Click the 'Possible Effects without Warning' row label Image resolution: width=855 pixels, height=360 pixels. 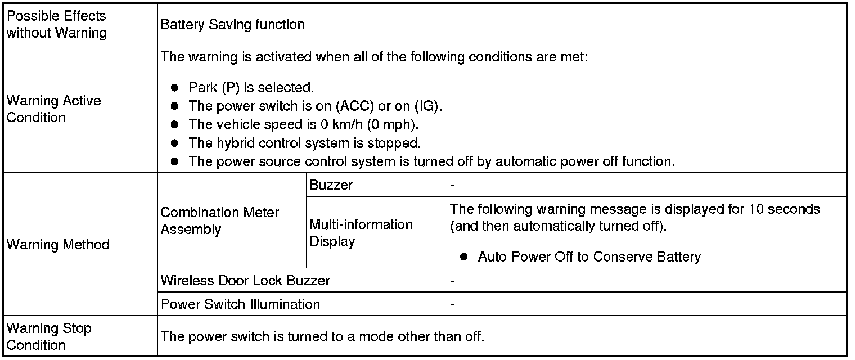(56, 24)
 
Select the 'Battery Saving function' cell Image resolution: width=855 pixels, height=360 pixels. (232, 24)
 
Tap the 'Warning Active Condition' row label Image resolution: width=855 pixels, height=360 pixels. (54, 109)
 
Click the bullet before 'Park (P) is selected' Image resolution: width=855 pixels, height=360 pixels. (175, 88)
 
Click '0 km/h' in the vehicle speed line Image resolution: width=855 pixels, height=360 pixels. (341, 124)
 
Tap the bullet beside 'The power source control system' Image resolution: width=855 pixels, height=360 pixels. (175, 161)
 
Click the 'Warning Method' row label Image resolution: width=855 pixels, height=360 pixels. (58, 244)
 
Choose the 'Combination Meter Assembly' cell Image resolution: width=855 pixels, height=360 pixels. (220, 220)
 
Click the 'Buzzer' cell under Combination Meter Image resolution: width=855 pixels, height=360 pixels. (331, 184)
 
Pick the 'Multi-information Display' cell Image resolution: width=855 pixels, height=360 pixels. (361, 232)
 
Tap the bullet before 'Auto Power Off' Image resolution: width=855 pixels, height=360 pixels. (464, 256)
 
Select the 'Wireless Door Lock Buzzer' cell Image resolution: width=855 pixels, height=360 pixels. (245, 280)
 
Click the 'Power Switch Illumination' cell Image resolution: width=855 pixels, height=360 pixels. (241, 304)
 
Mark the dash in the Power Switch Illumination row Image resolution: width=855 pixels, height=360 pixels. (452, 305)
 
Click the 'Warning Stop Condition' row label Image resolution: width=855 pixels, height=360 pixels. (49, 336)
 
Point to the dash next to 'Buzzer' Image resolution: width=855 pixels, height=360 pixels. (452, 186)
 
